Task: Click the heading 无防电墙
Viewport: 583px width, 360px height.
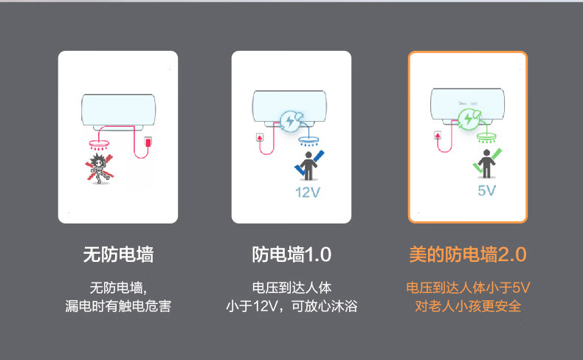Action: point(118,255)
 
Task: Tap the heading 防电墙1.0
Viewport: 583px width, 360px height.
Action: point(291,255)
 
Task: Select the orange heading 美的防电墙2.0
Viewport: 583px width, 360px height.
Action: point(467,255)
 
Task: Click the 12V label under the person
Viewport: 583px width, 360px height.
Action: point(308,193)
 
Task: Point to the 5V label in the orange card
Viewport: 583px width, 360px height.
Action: point(486,190)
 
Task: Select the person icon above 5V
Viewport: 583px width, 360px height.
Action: point(486,163)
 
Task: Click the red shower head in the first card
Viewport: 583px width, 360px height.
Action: point(99,141)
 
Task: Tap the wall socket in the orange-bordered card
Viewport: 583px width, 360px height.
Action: point(438,135)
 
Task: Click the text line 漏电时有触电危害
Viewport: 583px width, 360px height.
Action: point(118,305)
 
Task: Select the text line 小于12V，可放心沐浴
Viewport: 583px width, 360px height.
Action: point(291,305)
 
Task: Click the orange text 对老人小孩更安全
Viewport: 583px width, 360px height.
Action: point(468,305)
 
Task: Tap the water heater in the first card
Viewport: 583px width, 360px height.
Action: point(118,111)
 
